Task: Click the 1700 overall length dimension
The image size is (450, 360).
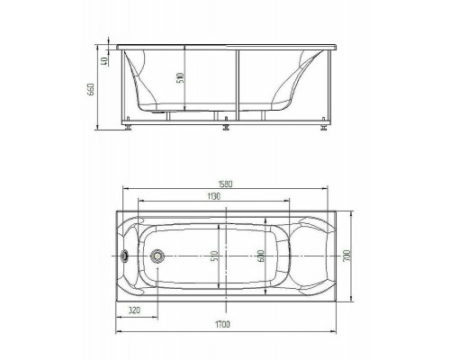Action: [222, 324]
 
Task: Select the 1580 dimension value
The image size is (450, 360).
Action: [224, 184]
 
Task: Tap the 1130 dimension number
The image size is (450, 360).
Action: [213, 196]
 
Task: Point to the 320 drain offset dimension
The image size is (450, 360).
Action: [134, 310]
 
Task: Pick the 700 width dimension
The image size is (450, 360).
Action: [347, 256]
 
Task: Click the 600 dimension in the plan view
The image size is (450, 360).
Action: [260, 256]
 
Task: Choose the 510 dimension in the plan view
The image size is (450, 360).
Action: [214, 256]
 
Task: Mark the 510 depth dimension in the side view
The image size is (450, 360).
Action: [180, 78]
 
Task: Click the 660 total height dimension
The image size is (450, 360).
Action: [92, 89]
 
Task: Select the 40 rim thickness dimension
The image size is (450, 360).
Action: [104, 61]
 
